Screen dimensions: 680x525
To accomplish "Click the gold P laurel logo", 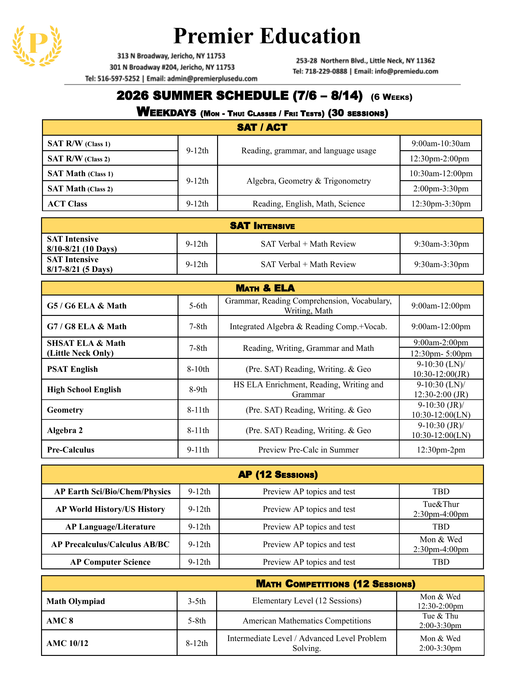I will coord(37,45).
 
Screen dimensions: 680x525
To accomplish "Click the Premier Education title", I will coord(267,36).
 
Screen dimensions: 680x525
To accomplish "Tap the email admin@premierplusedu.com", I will coord(212,79).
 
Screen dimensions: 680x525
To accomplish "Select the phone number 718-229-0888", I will coord(326,71).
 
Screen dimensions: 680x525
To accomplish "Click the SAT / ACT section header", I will coord(262,127).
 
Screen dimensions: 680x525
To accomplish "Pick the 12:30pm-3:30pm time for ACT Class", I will coord(441,204).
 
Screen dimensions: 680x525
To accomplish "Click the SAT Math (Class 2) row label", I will coord(80,189).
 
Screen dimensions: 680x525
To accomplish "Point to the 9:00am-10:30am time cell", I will coord(441,143).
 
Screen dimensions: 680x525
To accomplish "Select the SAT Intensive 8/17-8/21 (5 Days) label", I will coord(80,264).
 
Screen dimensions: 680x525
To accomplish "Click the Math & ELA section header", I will coord(265,288).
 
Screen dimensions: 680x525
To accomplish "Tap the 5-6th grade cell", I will coord(198,306).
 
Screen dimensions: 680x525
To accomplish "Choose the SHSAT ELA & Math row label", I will coord(86,348).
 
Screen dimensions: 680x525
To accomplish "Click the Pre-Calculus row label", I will coord(71,450).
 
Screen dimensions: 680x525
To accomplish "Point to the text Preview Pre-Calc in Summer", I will coord(308,450).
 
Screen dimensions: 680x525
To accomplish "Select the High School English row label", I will coord(84,389).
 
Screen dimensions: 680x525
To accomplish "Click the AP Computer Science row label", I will coord(111,562).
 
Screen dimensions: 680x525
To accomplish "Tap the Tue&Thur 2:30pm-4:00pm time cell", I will coord(441,509).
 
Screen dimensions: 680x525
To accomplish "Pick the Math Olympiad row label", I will coord(76,601).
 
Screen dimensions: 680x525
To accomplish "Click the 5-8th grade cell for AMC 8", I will coord(196,621).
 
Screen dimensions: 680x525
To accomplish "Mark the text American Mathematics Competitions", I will coord(307,621).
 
